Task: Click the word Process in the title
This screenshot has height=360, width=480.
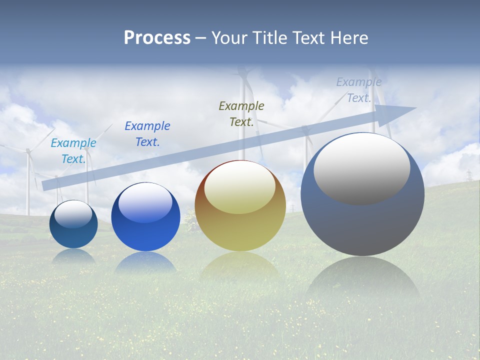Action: tap(157, 38)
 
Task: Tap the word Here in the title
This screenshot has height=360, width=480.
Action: tap(350, 38)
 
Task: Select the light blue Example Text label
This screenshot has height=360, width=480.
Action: tap(73, 151)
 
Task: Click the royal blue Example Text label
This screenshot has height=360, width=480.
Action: tap(147, 134)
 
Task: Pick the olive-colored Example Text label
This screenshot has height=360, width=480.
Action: tap(241, 113)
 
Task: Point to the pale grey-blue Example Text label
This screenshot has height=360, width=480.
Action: tap(359, 90)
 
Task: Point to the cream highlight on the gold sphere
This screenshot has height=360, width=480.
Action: tap(239, 187)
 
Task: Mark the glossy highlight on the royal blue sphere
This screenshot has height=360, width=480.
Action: tap(145, 202)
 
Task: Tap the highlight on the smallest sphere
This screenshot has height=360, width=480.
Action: tap(73, 214)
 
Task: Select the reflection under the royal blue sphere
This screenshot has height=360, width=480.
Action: tap(145, 262)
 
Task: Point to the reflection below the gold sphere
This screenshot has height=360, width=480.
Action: tap(240, 265)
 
